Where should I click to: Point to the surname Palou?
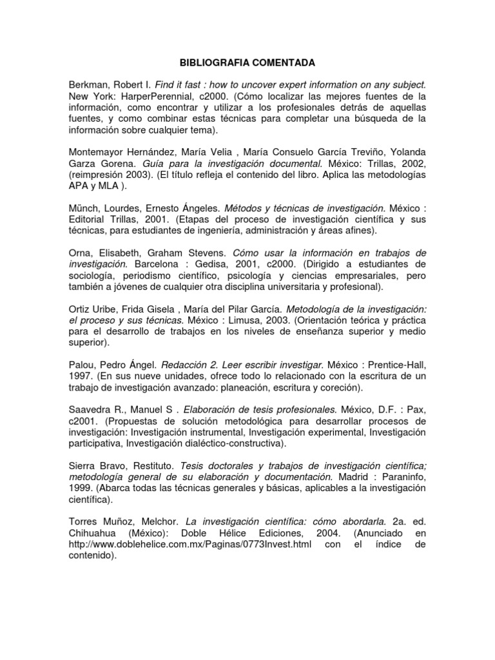(x=83, y=365)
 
